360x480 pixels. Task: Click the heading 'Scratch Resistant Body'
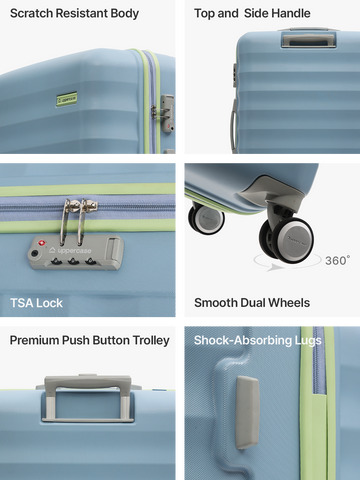point(74,14)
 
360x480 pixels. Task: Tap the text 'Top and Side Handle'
point(252,13)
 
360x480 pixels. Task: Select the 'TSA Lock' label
point(36,303)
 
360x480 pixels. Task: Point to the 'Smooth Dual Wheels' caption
point(252,303)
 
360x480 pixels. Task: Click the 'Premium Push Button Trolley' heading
point(90,340)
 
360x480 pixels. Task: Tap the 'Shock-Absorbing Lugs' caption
point(258,340)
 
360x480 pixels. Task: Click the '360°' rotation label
point(338,260)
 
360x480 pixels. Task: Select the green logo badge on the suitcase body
point(67,99)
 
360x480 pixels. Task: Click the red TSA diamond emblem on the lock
point(42,243)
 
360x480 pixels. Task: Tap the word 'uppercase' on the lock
point(74,251)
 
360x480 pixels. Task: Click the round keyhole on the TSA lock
point(34,254)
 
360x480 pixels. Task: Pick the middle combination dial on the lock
point(73,261)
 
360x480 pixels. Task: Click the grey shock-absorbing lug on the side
point(247,413)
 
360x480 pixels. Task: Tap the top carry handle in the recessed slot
point(309,41)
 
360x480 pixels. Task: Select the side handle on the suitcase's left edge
point(234,126)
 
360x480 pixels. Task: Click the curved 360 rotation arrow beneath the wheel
point(287,266)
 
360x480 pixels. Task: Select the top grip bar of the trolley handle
point(88,381)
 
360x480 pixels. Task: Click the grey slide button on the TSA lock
point(113,248)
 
